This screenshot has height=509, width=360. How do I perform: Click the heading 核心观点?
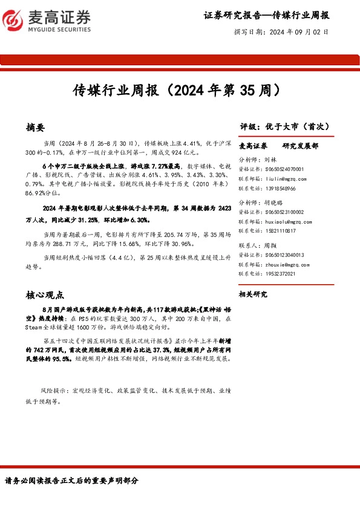[45, 295]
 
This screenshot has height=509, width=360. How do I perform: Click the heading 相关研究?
[253, 294]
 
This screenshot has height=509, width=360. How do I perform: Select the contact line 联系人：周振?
[254, 246]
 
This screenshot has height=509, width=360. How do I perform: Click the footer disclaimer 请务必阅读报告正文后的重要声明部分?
[71, 481]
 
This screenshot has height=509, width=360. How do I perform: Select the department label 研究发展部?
[301, 146]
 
